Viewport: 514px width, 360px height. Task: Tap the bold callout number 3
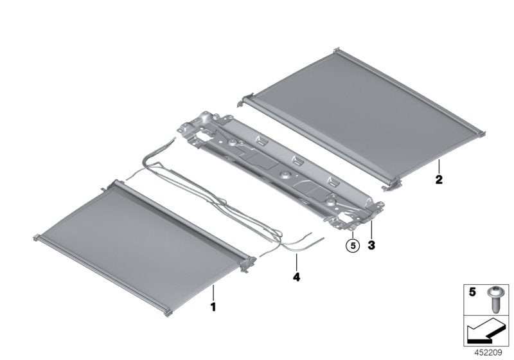click(x=371, y=245)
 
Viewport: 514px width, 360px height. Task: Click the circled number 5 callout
click(x=351, y=245)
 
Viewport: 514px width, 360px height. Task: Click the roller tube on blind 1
click(x=180, y=219)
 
